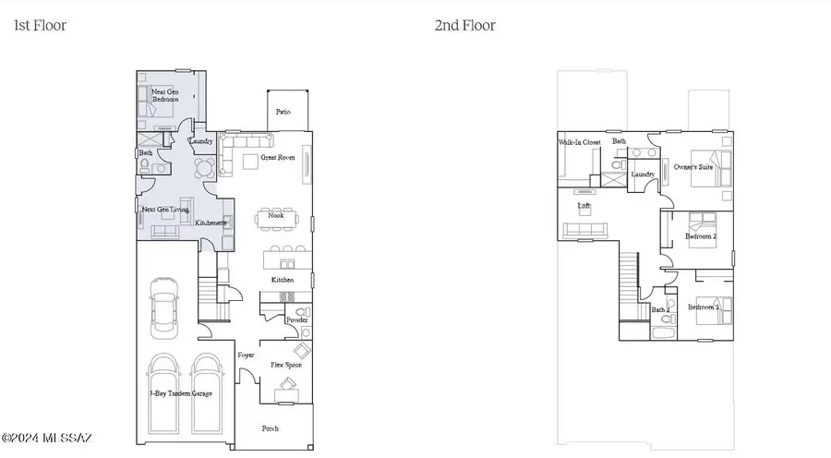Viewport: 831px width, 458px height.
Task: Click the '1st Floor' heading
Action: (40, 26)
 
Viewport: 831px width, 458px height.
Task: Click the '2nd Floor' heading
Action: (464, 26)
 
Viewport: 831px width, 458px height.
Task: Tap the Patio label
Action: (283, 112)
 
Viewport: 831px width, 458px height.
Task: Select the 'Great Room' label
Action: (278, 158)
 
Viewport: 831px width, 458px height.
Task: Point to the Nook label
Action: (275, 215)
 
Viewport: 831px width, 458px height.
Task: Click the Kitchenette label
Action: (211, 223)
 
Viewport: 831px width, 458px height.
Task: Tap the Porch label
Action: (270, 428)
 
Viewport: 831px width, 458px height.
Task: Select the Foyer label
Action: (246, 355)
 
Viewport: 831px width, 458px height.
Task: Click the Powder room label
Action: (297, 320)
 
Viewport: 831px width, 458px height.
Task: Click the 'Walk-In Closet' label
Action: (580, 142)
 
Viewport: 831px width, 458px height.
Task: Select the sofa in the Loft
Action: (584, 230)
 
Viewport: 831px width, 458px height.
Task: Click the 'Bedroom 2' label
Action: (701, 236)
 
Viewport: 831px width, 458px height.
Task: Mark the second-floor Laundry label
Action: (643, 174)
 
